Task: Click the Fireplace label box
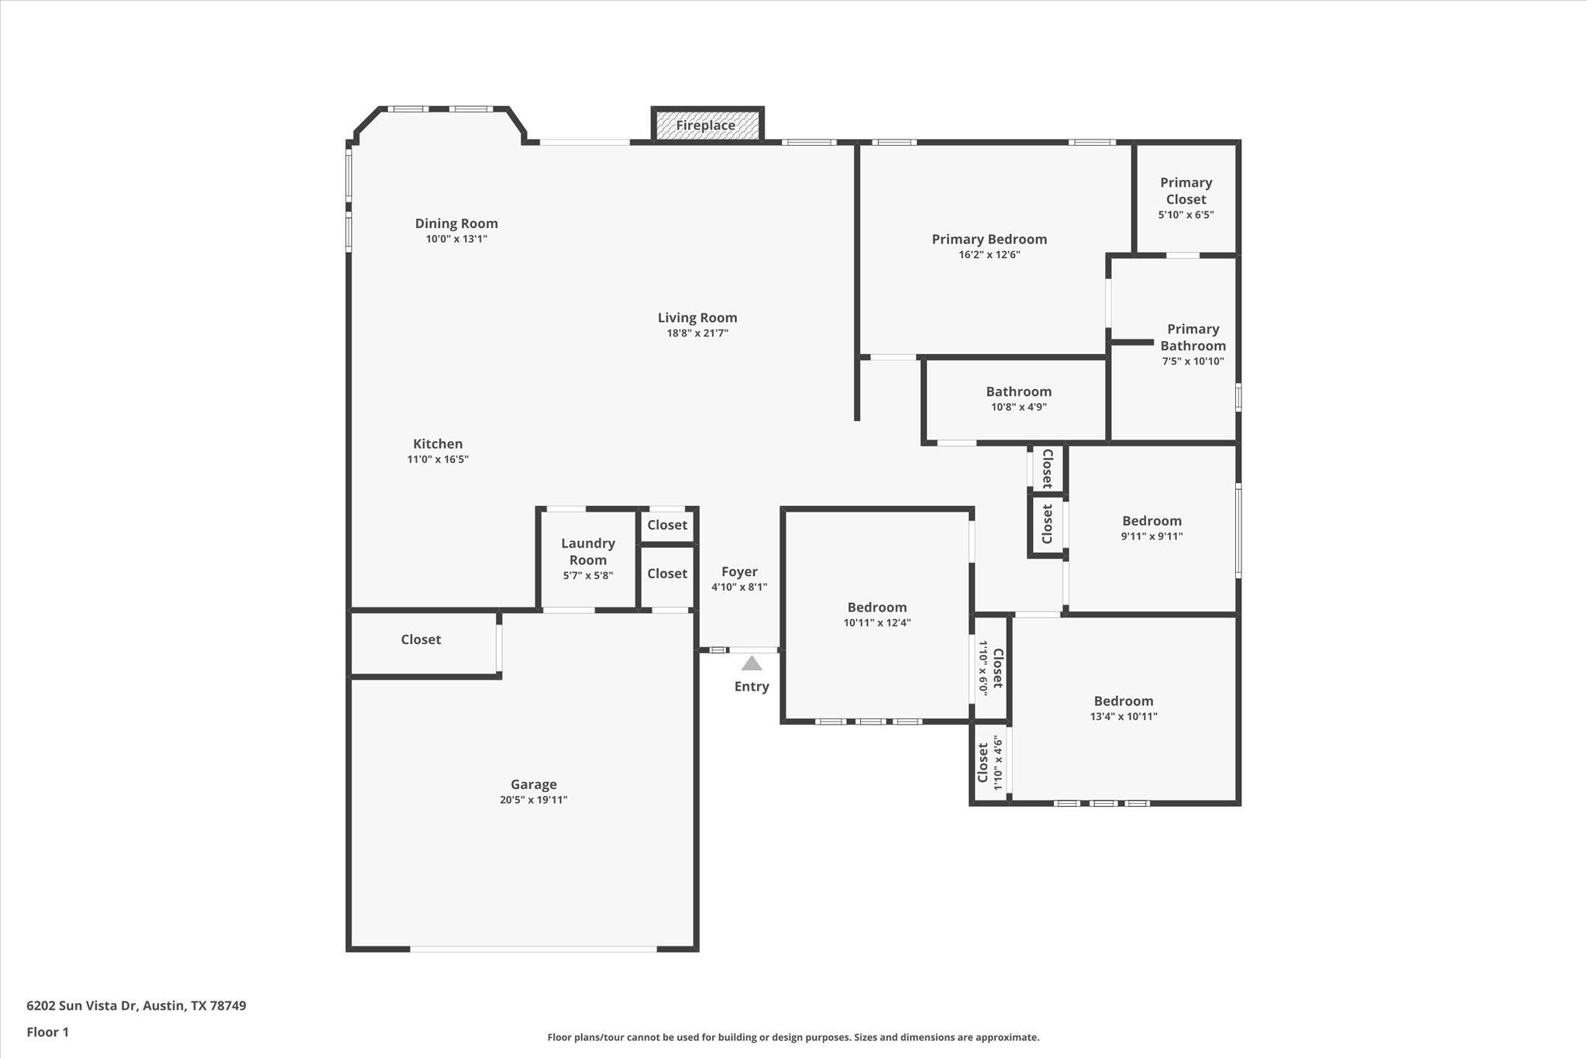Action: pos(706,126)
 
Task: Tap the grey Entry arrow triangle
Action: pos(752,663)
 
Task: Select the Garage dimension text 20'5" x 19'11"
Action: pos(533,800)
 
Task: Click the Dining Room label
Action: pos(456,224)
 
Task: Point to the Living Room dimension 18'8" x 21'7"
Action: pos(697,333)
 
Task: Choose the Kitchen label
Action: pos(438,444)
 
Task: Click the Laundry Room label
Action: pos(588,552)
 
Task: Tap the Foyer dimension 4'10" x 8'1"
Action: pos(739,588)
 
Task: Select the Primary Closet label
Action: pos(1186,191)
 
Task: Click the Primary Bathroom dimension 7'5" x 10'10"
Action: pos(1193,361)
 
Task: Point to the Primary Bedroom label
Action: pos(989,240)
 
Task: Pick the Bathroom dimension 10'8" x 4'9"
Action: pos(1018,407)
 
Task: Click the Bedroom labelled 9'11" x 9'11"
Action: pos(1152,521)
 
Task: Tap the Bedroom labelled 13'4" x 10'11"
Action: pos(1124,701)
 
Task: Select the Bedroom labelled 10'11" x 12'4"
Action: pos(876,608)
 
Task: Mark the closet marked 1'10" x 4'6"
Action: pos(990,763)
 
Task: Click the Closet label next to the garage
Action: pos(421,639)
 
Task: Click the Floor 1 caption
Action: pos(48,1032)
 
